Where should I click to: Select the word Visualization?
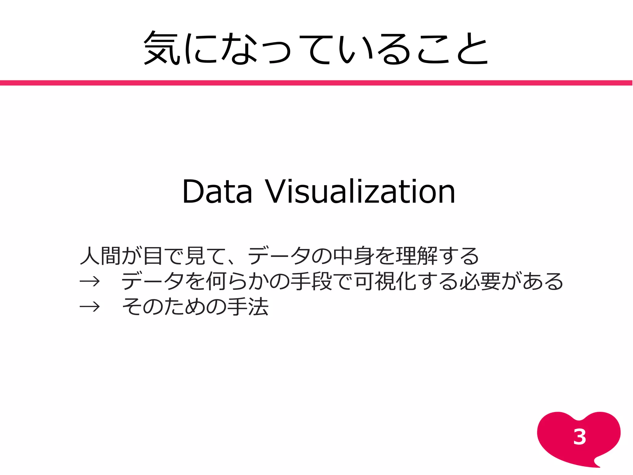click(x=360, y=192)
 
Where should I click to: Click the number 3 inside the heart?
click(x=580, y=437)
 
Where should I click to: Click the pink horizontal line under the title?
click(x=316, y=83)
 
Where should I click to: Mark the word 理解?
click(x=416, y=256)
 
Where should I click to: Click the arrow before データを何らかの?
click(x=90, y=281)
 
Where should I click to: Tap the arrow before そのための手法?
click(x=90, y=307)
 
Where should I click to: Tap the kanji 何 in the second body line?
click(x=216, y=281)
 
